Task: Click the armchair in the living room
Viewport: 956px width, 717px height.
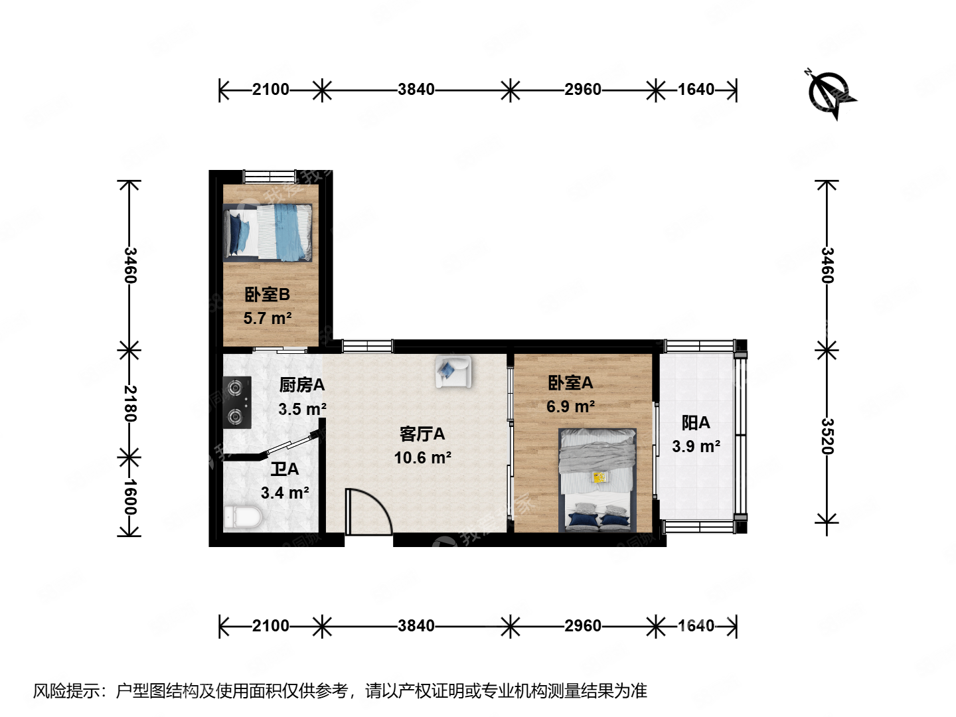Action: point(453,371)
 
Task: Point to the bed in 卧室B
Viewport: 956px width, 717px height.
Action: point(268,232)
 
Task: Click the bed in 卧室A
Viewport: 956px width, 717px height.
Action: point(597,479)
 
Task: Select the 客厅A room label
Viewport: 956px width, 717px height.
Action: point(422,434)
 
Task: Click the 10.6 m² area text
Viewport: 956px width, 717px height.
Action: point(422,458)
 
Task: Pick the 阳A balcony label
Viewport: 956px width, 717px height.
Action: point(696,423)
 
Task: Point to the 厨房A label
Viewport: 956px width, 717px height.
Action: point(301,385)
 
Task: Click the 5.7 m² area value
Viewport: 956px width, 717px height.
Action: point(268,319)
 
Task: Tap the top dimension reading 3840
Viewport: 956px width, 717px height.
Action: point(416,90)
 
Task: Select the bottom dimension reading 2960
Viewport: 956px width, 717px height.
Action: point(583,625)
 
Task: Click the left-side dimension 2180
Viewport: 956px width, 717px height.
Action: point(130,404)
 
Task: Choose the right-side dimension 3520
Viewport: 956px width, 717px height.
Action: point(827,436)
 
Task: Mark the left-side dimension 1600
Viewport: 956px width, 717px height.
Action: point(130,497)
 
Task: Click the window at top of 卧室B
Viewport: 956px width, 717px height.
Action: point(270,177)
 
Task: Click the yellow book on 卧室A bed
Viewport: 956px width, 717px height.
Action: point(599,477)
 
